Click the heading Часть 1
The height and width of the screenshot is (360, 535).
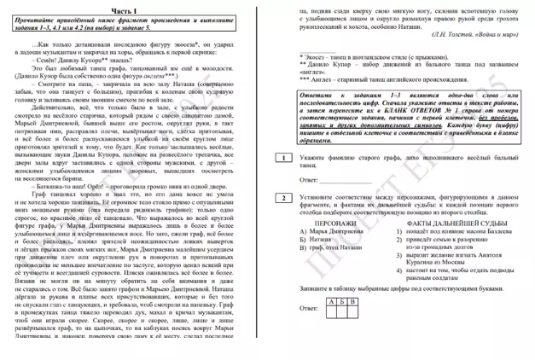(x=137, y=9)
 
